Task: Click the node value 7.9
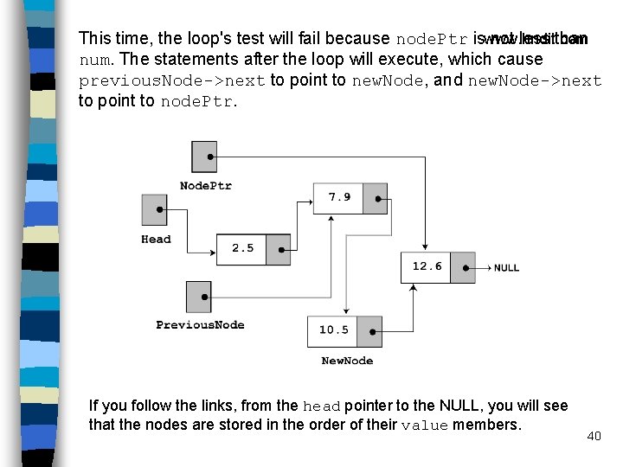[339, 197]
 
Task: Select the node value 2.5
[243, 248]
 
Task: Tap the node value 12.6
[427, 266]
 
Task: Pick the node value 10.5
[333, 330]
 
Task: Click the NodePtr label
[205, 186]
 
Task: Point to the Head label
[156, 240]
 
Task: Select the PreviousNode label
[200, 325]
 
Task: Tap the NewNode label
[347, 361]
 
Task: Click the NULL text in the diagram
[506, 268]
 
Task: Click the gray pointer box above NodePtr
[204, 157]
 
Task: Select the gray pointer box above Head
[154, 209]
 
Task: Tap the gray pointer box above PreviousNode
[198, 297]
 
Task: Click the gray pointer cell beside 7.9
[376, 197]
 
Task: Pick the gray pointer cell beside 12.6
[463, 267]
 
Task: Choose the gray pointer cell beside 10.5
[369, 331]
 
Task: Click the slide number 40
[594, 436]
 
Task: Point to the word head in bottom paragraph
[322, 406]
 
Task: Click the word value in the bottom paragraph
[425, 425]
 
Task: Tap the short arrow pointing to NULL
[483, 267]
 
